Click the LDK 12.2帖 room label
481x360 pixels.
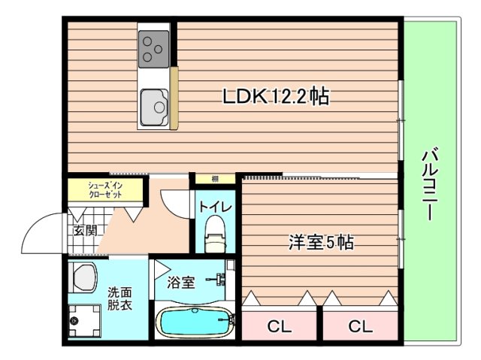275,97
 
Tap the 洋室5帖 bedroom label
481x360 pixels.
322,243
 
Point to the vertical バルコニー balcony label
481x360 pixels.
430,185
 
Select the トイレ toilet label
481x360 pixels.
215,205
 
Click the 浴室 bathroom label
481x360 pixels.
181,283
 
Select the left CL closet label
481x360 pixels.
280,327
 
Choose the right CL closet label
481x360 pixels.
360,327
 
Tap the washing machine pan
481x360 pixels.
84,322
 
